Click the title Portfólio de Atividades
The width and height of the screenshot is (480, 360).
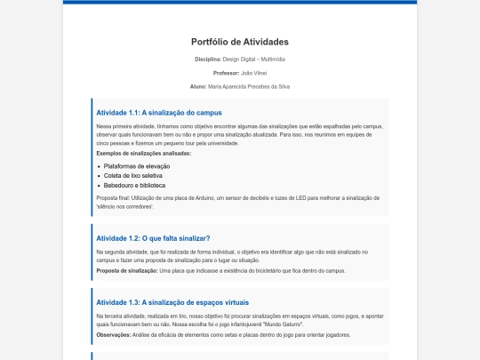point(240,42)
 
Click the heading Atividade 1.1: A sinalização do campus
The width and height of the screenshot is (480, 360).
point(159,113)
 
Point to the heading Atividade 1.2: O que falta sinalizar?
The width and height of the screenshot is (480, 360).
point(153,238)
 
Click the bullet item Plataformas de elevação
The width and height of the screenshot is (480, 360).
point(137,166)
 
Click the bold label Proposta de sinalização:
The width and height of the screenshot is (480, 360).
point(126,270)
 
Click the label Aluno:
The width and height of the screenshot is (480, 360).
point(198,86)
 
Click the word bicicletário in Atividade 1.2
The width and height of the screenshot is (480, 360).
point(271,270)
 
